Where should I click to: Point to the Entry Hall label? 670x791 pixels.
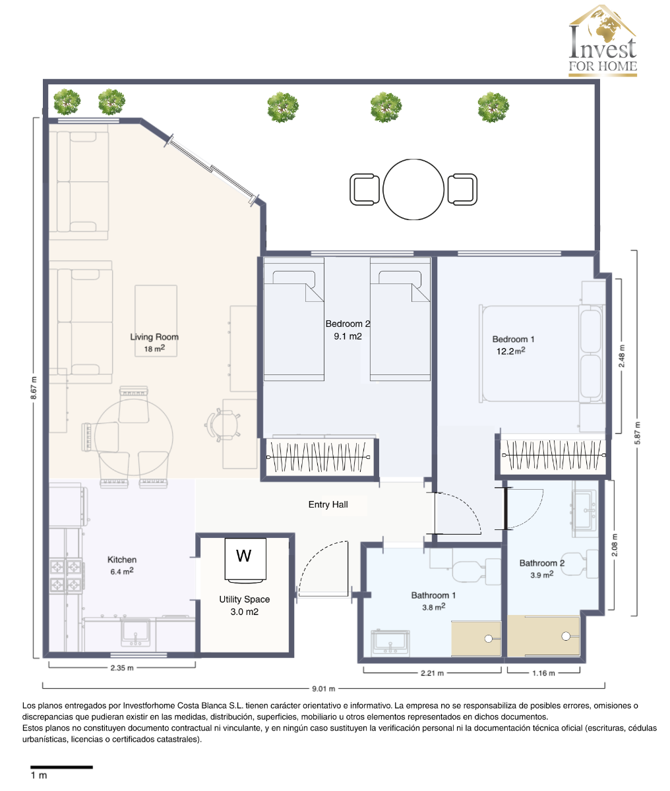click(x=328, y=505)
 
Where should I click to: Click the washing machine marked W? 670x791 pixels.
click(x=244, y=560)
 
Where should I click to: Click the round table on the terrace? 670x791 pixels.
click(x=413, y=189)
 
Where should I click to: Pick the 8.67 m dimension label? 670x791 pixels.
click(x=34, y=389)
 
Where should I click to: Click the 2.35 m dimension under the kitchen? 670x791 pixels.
click(x=121, y=668)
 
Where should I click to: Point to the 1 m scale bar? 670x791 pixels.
click(x=61, y=767)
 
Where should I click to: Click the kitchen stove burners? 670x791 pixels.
click(x=66, y=575)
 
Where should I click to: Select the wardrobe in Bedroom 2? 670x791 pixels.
click(x=320, y=455)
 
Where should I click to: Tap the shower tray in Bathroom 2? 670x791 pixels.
click(x=543, y=636)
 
